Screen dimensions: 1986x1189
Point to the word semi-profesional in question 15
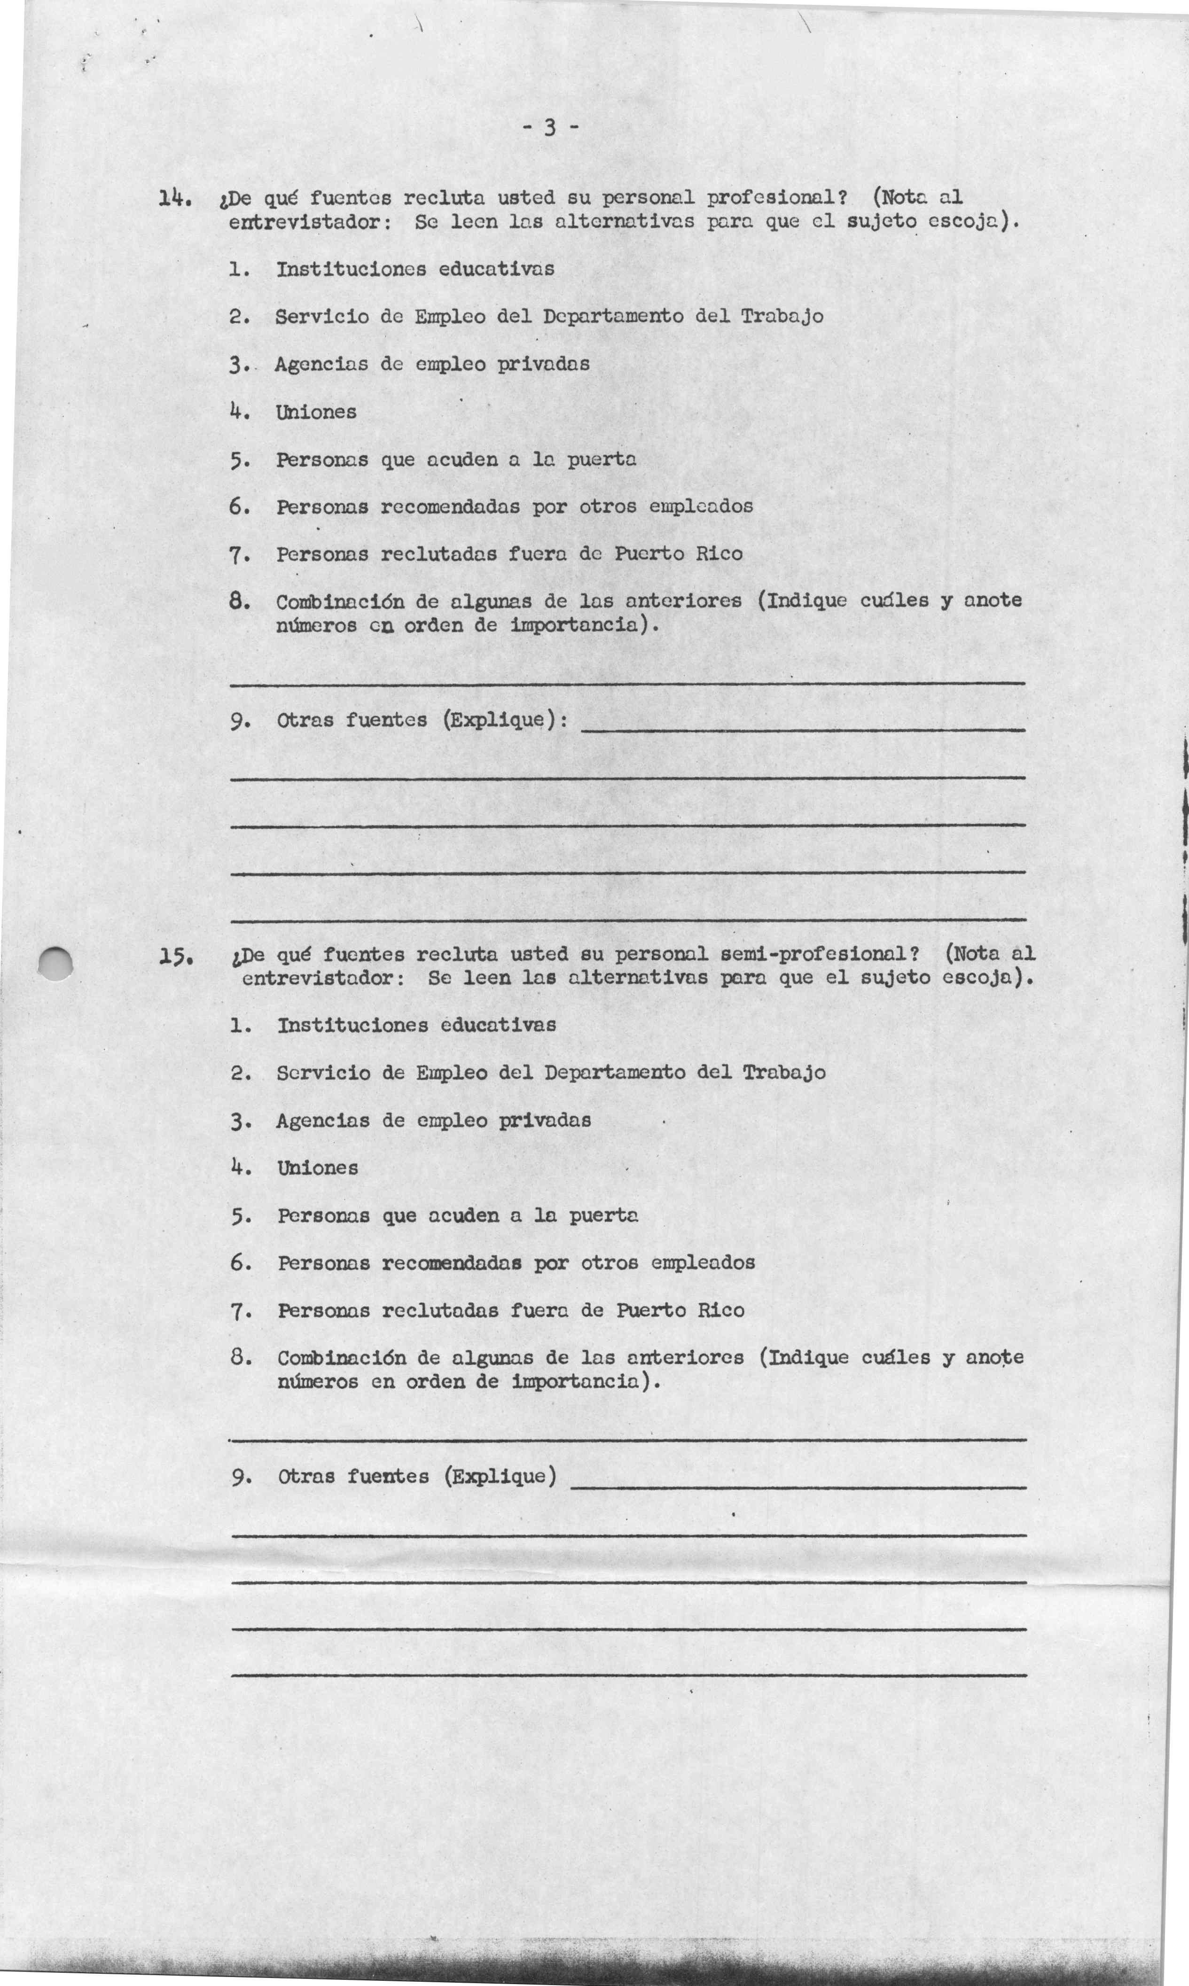coord(816,955)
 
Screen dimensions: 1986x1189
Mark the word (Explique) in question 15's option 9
coord(499,1476)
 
